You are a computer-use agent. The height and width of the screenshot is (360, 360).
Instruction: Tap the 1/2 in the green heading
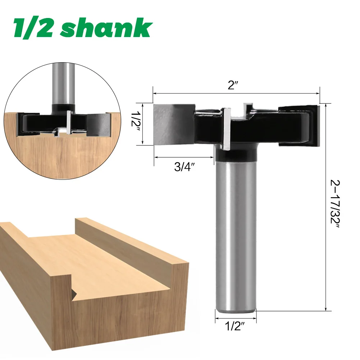[34, 28]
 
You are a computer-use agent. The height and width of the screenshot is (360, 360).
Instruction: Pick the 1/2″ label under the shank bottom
[236, 328]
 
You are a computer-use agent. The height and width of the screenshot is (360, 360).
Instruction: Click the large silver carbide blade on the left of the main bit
[173, 124]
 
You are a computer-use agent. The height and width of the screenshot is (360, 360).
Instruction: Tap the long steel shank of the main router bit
[236, 234]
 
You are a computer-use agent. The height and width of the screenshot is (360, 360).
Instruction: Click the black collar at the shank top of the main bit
[236, 155]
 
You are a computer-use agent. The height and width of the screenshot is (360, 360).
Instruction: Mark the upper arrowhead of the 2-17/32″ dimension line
[325, 105]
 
